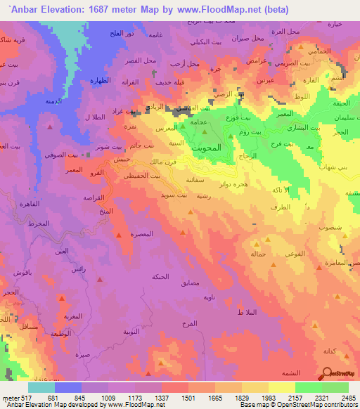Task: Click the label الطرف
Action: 278,207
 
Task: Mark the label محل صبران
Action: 246,36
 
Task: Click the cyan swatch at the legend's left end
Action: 41,387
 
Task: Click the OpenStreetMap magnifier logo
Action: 328,375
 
